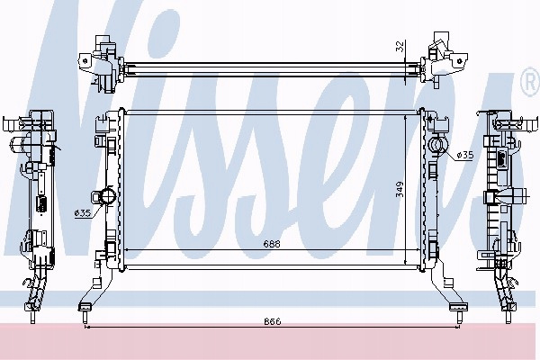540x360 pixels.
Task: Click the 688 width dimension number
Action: pos(272,244)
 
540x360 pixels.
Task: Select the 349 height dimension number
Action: pos(400,189)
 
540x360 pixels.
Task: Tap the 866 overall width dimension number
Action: pos(273,321)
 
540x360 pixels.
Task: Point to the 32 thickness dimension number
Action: pos(400,46)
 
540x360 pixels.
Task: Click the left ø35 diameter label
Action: pos(82,213)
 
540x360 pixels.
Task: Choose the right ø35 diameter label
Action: pos(465,156)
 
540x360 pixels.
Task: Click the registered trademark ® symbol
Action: pos(531,82)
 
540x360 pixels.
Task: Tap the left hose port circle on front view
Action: pos(108,196)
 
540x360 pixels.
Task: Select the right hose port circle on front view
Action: pos(436,144)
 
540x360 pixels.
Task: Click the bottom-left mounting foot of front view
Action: pos(85,307)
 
